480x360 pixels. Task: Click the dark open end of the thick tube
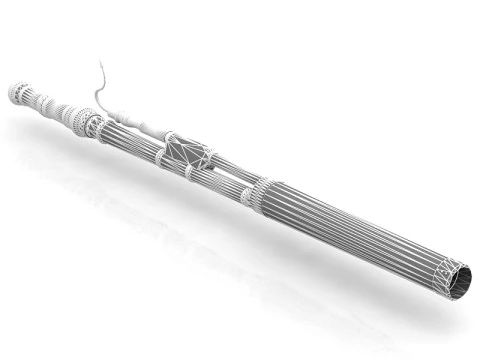(454, 283)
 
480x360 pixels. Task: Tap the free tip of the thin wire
(100, 62)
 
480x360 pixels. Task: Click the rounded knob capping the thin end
(18, 93)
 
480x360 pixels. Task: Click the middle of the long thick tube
(350, 229)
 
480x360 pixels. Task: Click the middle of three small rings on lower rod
(190, 173)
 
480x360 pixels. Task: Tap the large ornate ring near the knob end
(89, 124)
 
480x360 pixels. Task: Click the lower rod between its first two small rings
(175, 166)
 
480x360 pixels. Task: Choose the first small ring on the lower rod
(160, 159)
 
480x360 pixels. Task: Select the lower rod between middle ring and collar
(217, 185)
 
